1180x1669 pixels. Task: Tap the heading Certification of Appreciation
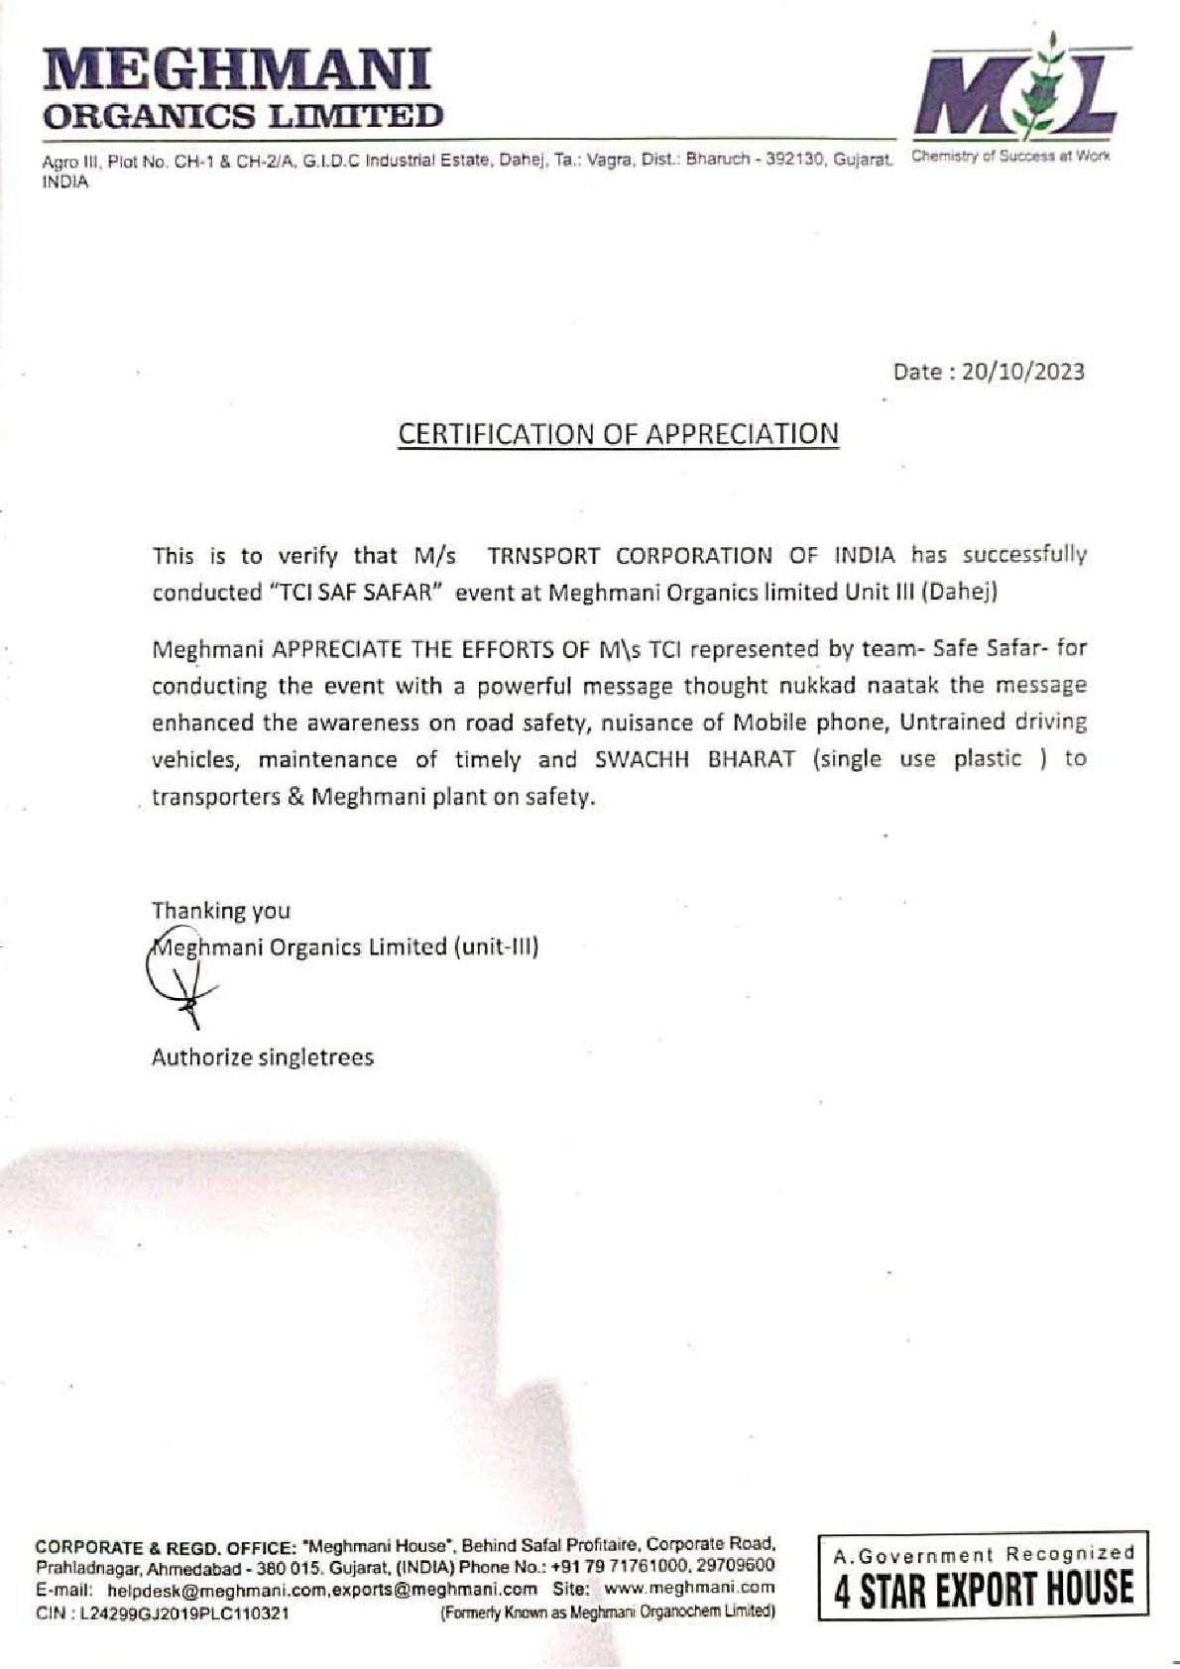coord(618,433)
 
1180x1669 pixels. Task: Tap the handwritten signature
coord(178,981)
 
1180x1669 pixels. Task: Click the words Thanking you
coord(220,910)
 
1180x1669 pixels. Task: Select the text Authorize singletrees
coord(262,1057)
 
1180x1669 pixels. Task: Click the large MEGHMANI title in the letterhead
coord(238,71)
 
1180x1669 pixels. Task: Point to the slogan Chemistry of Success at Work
coord(1009,157)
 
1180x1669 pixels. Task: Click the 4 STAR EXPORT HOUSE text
coord(983,1587)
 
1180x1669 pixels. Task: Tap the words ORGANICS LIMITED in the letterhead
coord(241,117)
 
